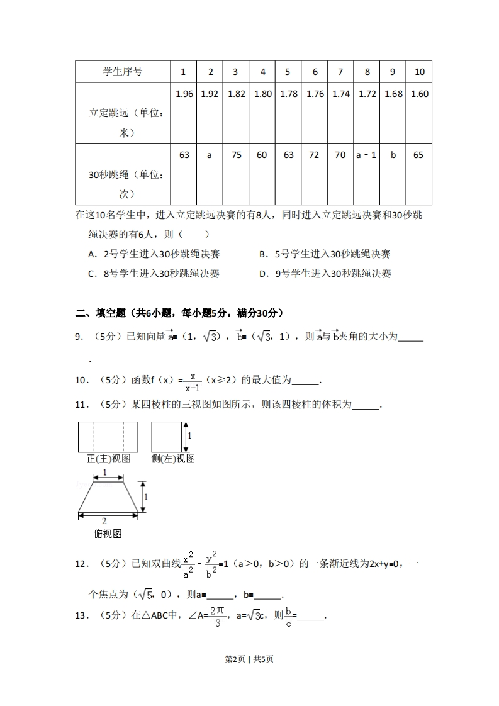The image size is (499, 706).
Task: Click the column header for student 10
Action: pyautogui.click(x=419, y=72)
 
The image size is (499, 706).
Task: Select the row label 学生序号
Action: pyautogui.click(x=123, y=72)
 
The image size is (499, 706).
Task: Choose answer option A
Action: pyautogui.click(x=154, y=254)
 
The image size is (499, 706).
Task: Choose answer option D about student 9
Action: pyautogui.click(x=325, y=274)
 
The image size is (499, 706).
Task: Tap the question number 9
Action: pyautogui.click(x=80, y=337)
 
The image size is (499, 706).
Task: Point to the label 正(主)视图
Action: pyautogui.click(x=108, y=459)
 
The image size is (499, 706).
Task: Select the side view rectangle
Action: pyautogui.click(x=166, y=436)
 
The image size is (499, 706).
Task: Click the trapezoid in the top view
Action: pyautogui.click(x=108, y=498)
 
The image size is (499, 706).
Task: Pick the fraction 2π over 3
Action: pyautogui.click(x=217, y=616)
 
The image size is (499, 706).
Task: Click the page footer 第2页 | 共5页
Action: pyautogui.click(x=249, y=659)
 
